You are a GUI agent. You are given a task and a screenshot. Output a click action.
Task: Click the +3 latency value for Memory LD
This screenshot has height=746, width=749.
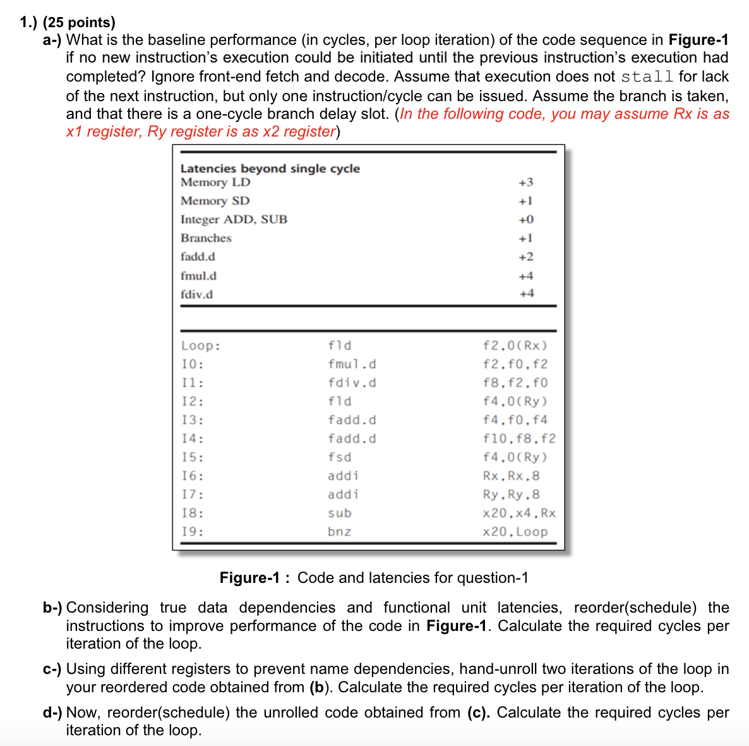tap(525, 182)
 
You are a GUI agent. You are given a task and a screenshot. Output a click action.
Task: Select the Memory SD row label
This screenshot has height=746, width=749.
tap(215, 200)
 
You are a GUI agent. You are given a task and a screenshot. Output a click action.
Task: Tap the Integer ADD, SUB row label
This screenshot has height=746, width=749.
tap(234, 219)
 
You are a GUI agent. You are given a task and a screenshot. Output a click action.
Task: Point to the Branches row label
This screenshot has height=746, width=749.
tap(206, 238)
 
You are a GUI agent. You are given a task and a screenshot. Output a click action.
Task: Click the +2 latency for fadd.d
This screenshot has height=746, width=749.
tap(525, 257)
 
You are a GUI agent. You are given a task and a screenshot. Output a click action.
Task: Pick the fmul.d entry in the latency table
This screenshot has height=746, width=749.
tap(198, 276)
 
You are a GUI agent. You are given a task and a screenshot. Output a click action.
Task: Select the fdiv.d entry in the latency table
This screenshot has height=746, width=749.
tap(196, 294)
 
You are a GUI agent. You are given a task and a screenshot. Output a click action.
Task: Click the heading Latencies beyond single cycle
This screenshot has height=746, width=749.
tap(270, 168)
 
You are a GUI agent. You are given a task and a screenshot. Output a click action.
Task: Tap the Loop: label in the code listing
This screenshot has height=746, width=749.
tap(201, 346)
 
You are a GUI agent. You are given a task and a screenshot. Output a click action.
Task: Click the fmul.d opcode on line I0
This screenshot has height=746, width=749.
tap(352, 364)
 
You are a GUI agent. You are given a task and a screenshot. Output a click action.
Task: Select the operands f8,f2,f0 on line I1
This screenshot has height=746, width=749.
tap(515, 382)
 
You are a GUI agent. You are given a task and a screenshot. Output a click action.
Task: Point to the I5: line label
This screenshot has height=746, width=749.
tap(192, 457)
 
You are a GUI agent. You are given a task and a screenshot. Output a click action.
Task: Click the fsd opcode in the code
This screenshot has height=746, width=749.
tap(339, 457)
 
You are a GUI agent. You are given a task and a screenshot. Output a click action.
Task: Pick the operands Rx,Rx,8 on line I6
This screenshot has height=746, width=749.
tap(511, 475)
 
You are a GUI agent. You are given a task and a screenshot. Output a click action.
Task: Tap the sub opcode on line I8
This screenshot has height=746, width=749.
tap(339, 513)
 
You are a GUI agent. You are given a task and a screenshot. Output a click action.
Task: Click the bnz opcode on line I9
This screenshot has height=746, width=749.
tap(339, 532)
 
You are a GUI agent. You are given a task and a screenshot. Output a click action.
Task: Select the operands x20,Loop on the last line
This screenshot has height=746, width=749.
tap(515, 532)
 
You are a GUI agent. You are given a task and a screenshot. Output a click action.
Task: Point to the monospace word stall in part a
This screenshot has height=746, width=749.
tap(647, 77)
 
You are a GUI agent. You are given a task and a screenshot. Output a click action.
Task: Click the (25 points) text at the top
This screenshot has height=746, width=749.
tap(79, 23)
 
